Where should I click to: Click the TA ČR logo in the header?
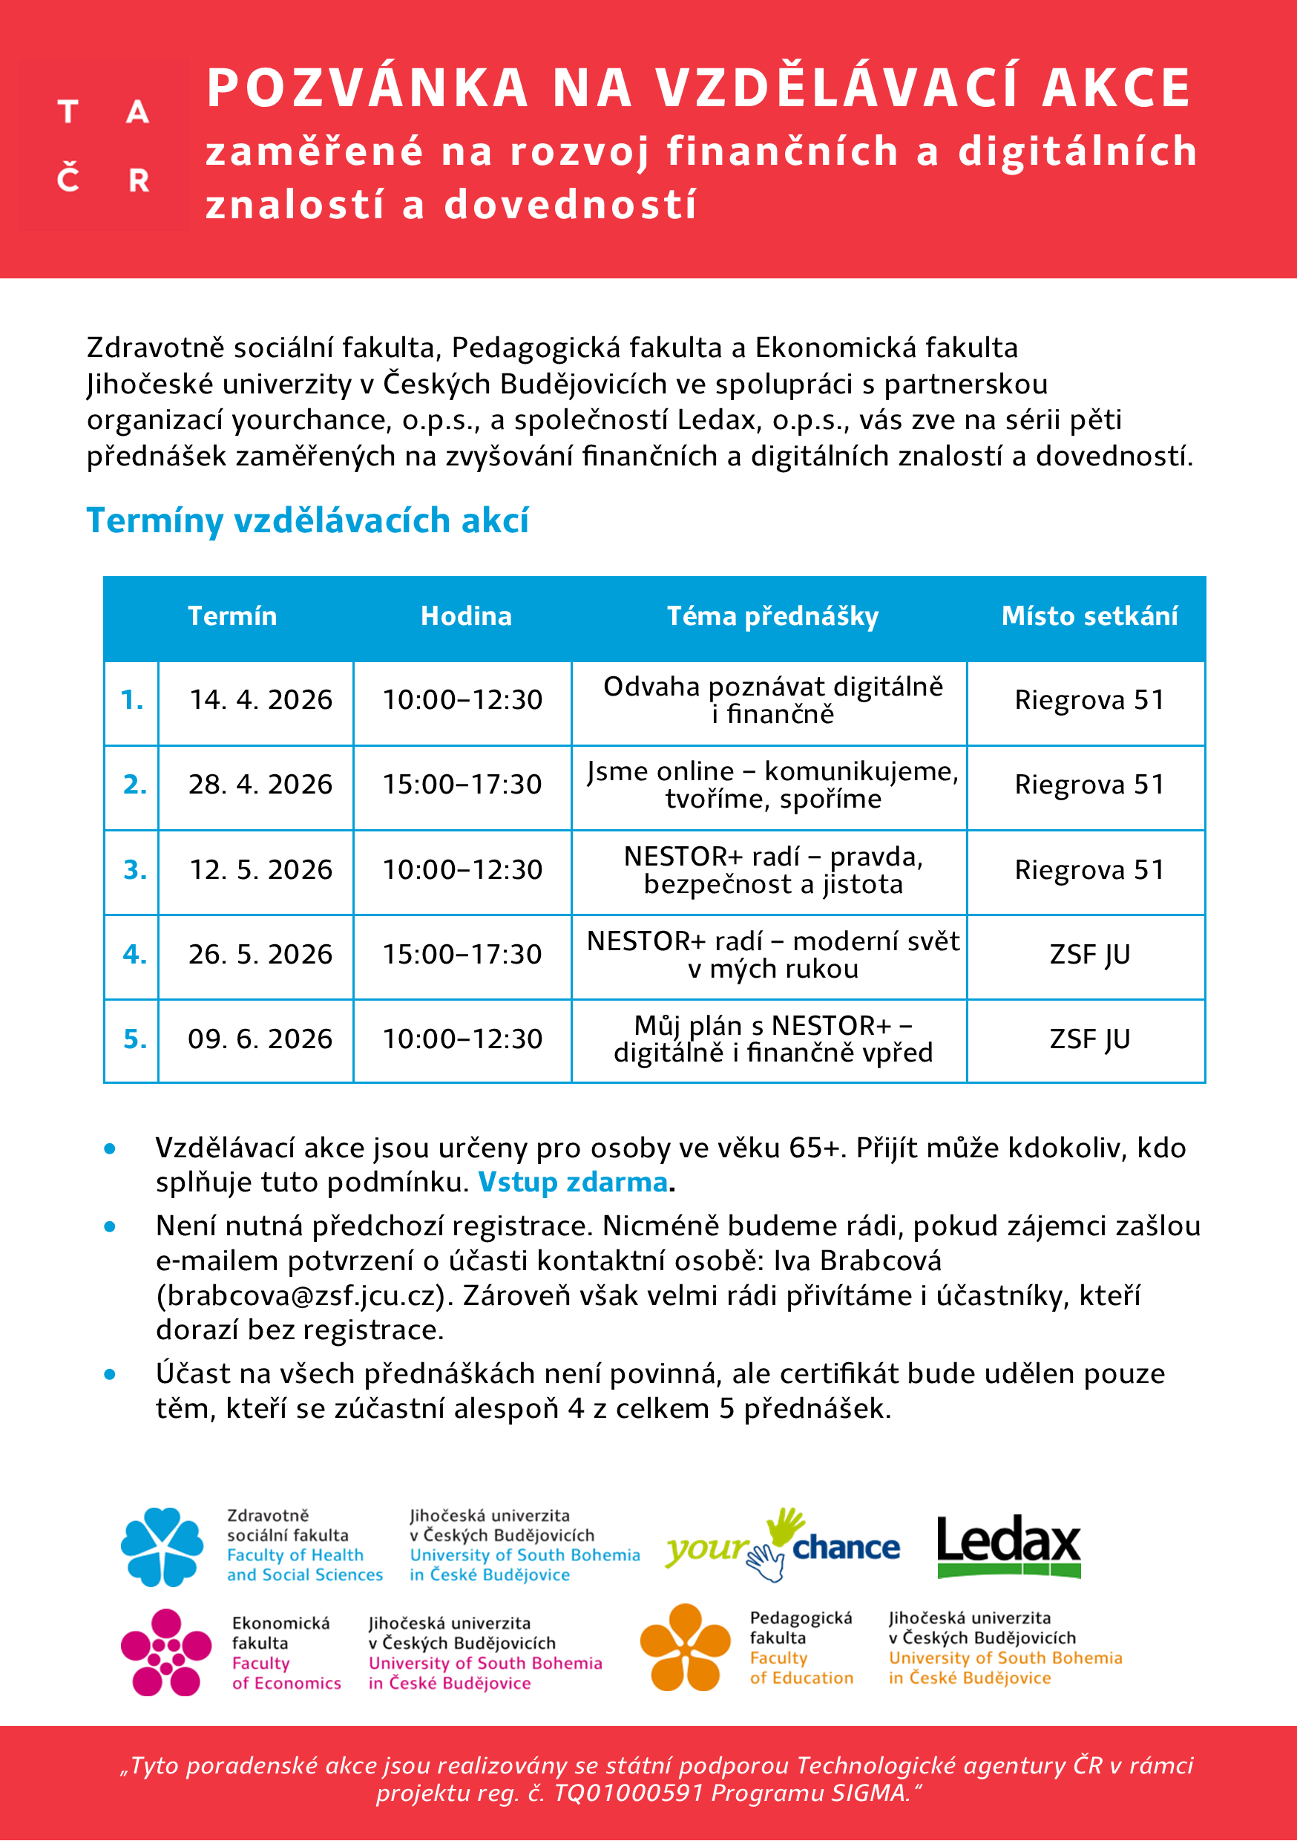click(102, 146)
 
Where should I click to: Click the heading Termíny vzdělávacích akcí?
click(307, 520)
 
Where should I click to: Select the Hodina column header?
click(466, 616)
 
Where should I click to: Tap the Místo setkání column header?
click(1089, 616)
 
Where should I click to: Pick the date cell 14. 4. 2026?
click(260, 700)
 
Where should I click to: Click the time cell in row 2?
click(462, 784)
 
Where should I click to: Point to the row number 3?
click(134, 870)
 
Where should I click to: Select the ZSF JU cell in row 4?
click(1089, 954)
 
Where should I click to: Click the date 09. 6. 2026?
click(260, 1039)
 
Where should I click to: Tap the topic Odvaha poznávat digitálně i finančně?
click(772, 700)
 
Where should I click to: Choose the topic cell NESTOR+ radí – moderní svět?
click(772, 954)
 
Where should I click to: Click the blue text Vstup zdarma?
click(572, 1183)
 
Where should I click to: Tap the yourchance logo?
click(781, 1547)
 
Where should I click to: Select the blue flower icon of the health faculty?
click(162, 1547)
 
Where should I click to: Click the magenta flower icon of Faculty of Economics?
click(165, 1652)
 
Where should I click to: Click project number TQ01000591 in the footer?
click(628, 1793)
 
